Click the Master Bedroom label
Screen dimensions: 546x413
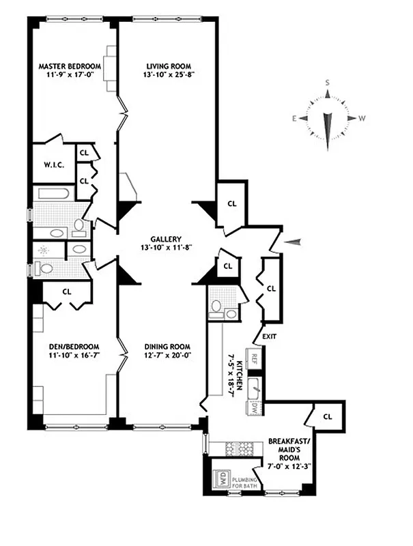pyautogui.click(x=70, y=66)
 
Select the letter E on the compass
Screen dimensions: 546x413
pyautogui.click(x=295, y=118)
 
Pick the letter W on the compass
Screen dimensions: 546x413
pyautogui.click(x=362, y=118)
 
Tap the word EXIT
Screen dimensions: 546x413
pyautogui.click(x=270, y=336)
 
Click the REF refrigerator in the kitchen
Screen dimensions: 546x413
pyautogui.click(x=254, y=358)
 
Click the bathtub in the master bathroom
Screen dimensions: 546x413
pyautogui.click(x=53, y=193)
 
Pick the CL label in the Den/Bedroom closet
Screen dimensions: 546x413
pyautogui.click(x=67, y=291)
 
